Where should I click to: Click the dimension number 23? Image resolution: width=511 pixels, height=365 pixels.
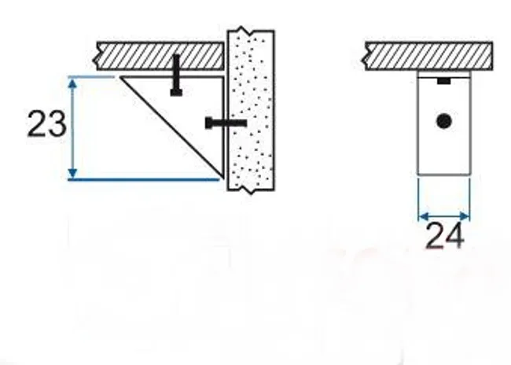[x=47, y=124]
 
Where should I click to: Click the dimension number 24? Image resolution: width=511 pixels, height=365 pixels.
[x=445, y=235]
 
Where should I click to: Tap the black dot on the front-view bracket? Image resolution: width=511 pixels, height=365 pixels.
[x=443, y=121]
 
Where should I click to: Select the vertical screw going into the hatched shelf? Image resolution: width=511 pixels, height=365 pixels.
[x=176, y=76]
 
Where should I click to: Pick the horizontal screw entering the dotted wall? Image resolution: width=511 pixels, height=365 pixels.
[x=226, y=123]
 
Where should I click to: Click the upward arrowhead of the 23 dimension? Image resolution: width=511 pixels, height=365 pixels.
[x=72, y=83]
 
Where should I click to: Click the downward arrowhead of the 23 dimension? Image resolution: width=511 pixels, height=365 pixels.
[x=72, y=173]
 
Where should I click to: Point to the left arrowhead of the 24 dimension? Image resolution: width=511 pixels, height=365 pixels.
[x=423, y=216]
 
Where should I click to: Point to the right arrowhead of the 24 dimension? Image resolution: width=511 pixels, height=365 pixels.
[x=465, y=216]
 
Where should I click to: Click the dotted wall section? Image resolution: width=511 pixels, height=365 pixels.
[x=251, y=110]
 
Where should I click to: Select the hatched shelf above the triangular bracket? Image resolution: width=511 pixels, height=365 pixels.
[x=160, y=56]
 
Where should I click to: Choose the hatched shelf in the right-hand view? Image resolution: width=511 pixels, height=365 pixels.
[x=428, y=56]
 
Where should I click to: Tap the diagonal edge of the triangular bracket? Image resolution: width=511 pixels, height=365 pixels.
[x=172, y=127]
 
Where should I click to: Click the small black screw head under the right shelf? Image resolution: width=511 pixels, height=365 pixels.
[x=444, y=80]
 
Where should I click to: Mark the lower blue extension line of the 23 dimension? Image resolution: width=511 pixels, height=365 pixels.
[x=144, y=179]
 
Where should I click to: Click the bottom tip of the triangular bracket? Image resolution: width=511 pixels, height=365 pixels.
[x=223, y=179]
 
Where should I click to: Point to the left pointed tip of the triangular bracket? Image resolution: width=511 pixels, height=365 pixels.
[x=120, y=77]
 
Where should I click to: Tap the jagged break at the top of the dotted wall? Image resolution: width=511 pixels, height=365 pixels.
[x=251, y=31]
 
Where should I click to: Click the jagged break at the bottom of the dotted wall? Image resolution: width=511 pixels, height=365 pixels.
[x=251, y=190]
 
